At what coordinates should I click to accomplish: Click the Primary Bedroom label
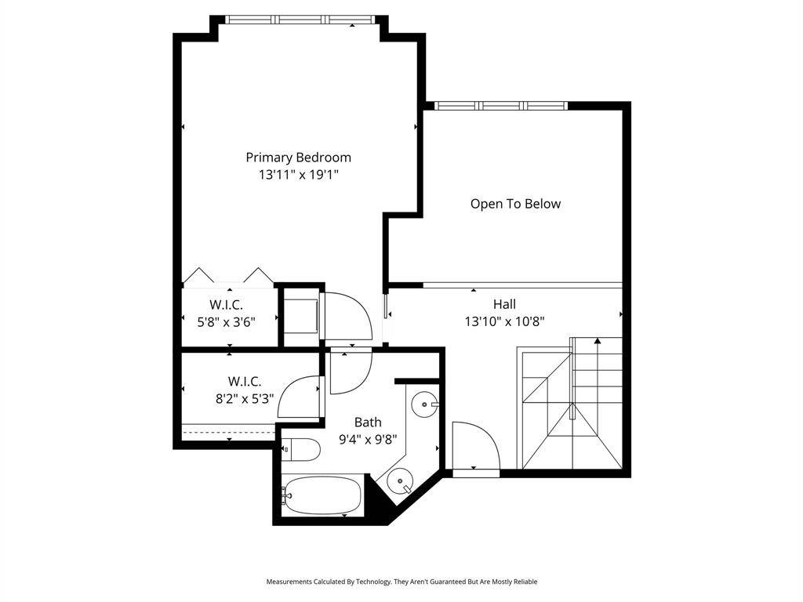(298, 158)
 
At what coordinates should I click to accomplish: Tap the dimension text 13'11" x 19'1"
(298, 175)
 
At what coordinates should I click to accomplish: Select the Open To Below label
(515, 204)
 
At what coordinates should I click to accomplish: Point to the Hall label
(504, 304)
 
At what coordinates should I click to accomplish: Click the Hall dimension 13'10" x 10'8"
(504, 321)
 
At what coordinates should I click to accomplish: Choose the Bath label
(368, 422)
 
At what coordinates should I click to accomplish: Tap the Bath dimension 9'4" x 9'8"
(368, 439)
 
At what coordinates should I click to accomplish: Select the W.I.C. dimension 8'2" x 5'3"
(245, 397)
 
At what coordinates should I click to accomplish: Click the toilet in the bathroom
(302, 450)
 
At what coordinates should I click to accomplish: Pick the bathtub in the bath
(322, 495)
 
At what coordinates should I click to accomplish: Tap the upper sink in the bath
(423, 404)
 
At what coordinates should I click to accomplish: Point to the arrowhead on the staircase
(598, 341)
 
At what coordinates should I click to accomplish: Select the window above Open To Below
(502, 105)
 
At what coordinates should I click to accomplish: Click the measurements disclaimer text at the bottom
(401, 582)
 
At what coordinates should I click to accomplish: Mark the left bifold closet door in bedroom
(198, 275)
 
